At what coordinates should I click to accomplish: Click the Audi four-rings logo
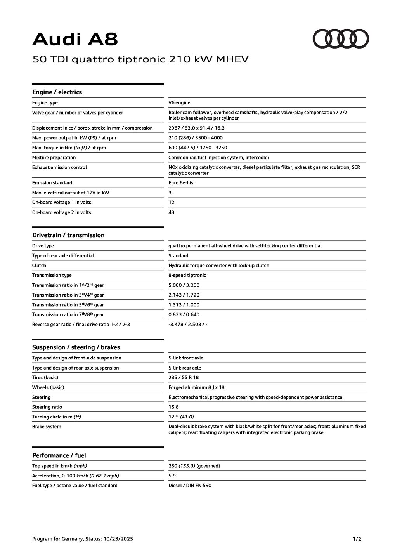tap(341, 39)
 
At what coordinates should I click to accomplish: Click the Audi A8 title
tap(75, 39)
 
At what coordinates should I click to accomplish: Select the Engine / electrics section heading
tap(57, 92)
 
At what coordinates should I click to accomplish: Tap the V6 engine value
tap(179, 103)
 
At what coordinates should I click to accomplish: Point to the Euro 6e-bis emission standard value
tap(180, 183)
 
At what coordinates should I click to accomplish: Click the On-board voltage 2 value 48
tap(172, 212)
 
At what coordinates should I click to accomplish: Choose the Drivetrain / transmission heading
tap(68, 235)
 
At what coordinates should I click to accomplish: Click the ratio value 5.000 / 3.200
tap(184, 285)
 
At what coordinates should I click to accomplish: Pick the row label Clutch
tap(39, 266)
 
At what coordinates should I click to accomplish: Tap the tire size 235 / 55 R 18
tap(184, 378)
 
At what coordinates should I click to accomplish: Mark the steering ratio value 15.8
tap(173, 407)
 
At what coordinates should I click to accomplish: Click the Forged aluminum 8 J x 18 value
tap(196, 387)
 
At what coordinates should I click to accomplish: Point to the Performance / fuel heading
tap(59, 455)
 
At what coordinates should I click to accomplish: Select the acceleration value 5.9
tap(172, 476)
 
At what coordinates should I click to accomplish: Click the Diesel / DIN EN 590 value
tap(190, 486)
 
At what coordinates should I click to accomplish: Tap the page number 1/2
tap(357, 539)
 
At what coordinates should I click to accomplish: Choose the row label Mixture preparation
tap(54, 158)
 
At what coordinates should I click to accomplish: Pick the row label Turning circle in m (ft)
tap(57, 417)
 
